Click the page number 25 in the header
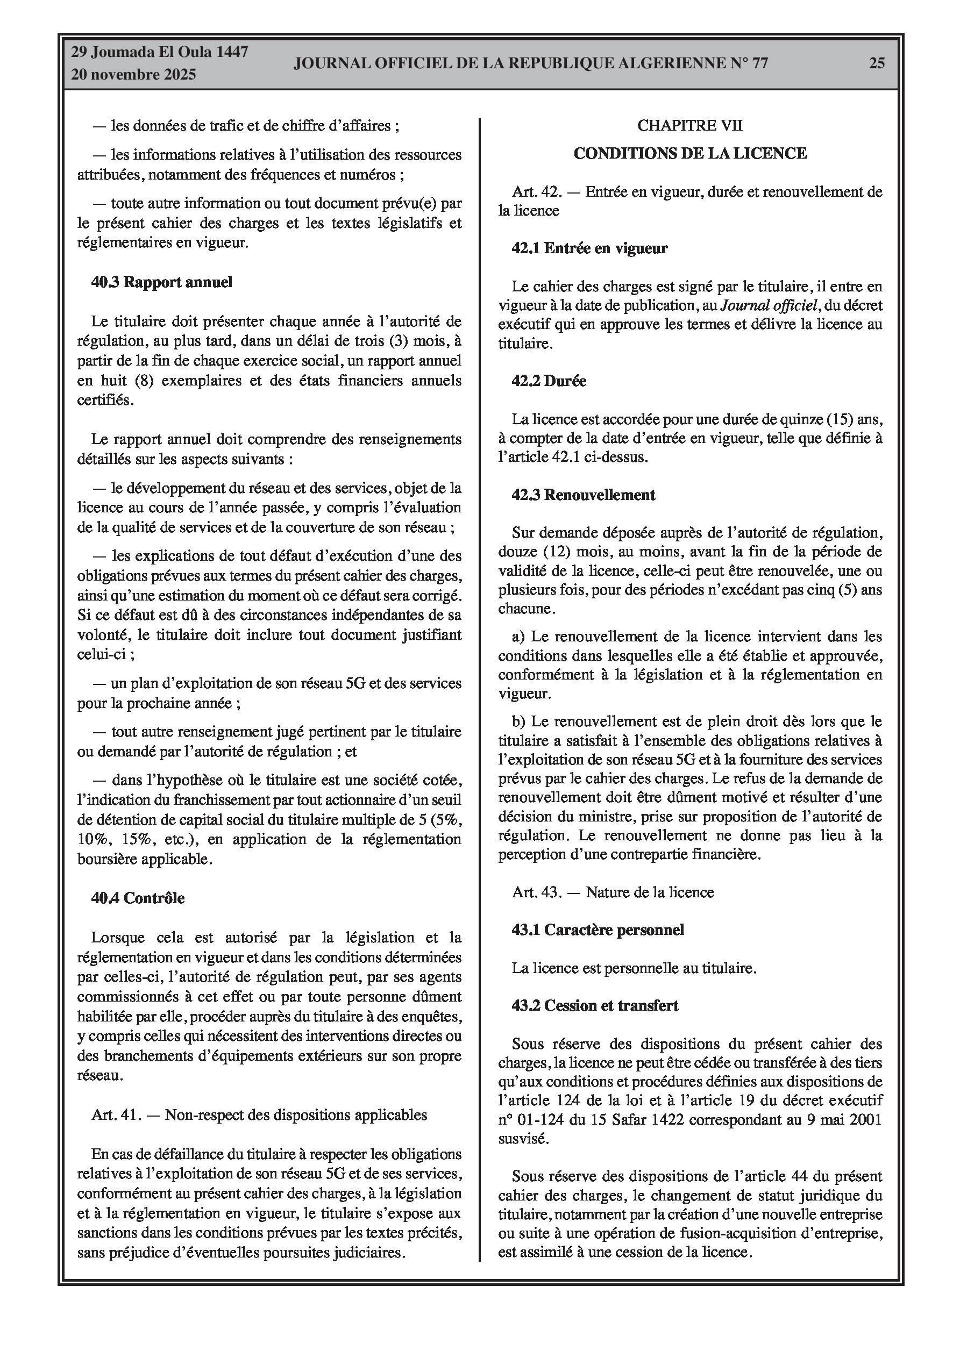coord(877,63)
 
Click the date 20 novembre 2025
coord(133,75)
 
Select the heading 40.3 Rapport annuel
coord(161,282)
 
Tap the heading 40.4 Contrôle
coord(138,898)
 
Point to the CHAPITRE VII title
coord(689,125)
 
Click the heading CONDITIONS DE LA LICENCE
coord(690,154)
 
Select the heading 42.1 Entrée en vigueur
coord(589,248)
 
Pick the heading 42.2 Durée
coord(549,381)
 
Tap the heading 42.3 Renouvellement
coord(584,495)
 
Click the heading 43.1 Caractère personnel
coord(598,930)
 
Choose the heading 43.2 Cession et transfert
coord(595,1005)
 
